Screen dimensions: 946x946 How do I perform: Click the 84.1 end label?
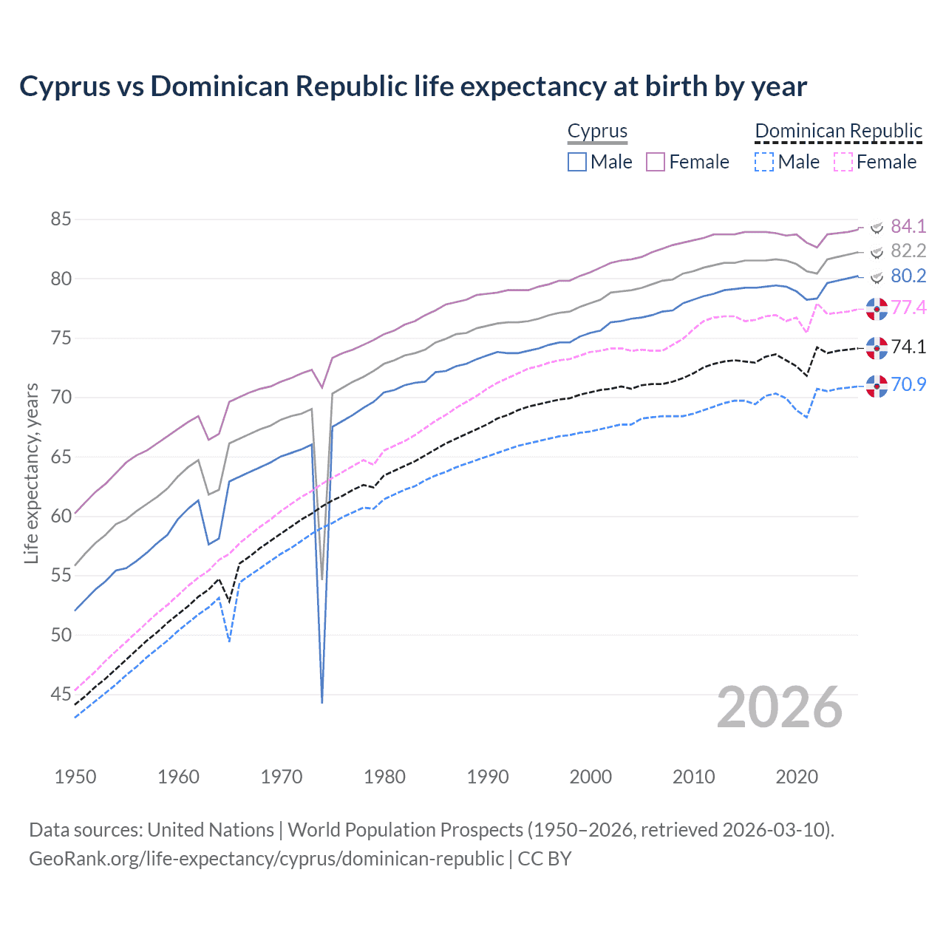coord(908,226)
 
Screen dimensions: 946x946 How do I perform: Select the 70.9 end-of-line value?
coord(908,384)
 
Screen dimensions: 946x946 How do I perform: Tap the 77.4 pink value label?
coord(908,307)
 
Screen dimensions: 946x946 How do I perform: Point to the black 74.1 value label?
coord(908,347)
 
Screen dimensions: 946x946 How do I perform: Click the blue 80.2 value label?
coord(908,276)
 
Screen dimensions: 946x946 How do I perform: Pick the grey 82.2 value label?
coord(908,251)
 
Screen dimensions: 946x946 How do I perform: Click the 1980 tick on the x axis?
coord(384,777)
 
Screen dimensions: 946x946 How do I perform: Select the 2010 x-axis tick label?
coord(693,777)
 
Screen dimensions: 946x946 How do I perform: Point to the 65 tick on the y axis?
coord(61,457)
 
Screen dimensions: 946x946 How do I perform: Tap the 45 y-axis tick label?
coord(61,694)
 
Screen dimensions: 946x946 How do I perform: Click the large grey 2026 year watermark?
coord(779,707)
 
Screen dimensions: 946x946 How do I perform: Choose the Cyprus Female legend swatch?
coord(656,162)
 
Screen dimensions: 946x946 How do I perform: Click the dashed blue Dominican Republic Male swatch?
coord(764,162)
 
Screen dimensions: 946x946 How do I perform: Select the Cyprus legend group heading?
coord(597,132)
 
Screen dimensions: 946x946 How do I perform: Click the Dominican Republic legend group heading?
coord(838,132)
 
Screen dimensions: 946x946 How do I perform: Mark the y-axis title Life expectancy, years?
coord(31,473)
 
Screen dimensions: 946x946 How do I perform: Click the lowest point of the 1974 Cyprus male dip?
coord(322,701)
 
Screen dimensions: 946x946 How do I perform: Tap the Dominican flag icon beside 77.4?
coord(877,309)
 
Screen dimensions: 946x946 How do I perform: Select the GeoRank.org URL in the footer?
coord(266,859)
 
